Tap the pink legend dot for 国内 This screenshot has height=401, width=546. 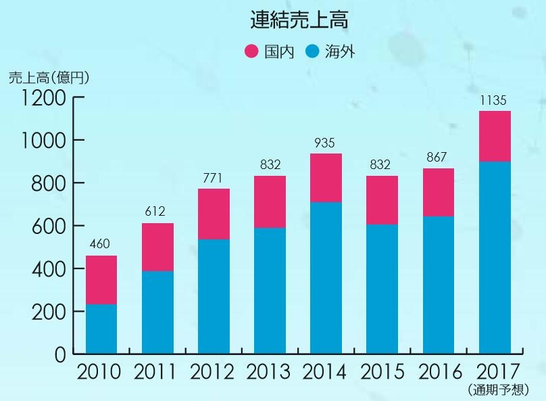click(x=251, y=51)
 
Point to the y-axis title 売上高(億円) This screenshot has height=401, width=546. click(x=49, y=77)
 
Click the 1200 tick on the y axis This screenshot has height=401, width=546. click(x=43, y=98)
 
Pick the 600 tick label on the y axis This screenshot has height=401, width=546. click(x=49, y=226)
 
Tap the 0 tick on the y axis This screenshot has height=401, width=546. click(x=60, y=354)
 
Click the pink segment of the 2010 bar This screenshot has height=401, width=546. click(x=101, y=280)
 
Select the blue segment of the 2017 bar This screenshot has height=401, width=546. click(x=495, y=257)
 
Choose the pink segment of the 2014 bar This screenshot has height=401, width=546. click(x=325, y=178)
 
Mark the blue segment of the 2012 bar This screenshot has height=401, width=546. click(x=213, y=296)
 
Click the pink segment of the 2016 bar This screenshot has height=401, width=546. click(x=438, y=192)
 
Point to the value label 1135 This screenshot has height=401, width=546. click(x=493, y=101)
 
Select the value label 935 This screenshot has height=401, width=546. click(x=325, y=143)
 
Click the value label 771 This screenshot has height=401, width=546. click(x=213, y=178)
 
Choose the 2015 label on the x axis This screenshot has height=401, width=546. click(x=382, y=372)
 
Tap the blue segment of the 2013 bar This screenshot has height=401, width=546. click(x=269, y=291)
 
